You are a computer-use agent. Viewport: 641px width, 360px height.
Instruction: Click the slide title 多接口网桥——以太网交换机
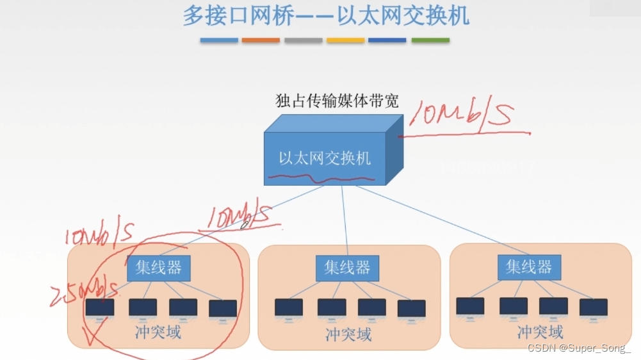[326, 15]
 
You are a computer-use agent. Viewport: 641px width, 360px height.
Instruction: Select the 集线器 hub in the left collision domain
[158, 268]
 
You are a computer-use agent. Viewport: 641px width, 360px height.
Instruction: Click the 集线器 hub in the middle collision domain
[347, 268]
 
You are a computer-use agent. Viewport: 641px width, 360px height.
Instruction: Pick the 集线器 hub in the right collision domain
[528, 266]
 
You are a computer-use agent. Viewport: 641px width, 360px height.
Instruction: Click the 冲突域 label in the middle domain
[348, 334]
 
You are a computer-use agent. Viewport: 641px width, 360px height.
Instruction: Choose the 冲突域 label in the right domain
[540, 332]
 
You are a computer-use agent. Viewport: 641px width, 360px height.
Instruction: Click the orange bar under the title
[261, 40]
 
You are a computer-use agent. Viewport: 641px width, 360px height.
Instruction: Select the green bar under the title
[430, 40]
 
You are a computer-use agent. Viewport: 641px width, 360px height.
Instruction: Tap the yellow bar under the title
[345, 40]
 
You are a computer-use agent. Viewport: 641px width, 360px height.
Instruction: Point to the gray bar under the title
[303, 40]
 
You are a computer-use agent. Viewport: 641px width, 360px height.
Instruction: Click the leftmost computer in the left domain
[99, 309]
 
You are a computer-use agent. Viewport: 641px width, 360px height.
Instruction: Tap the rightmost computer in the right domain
[593, 308]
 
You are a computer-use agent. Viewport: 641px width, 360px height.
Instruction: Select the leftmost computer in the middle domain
[288, 309]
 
